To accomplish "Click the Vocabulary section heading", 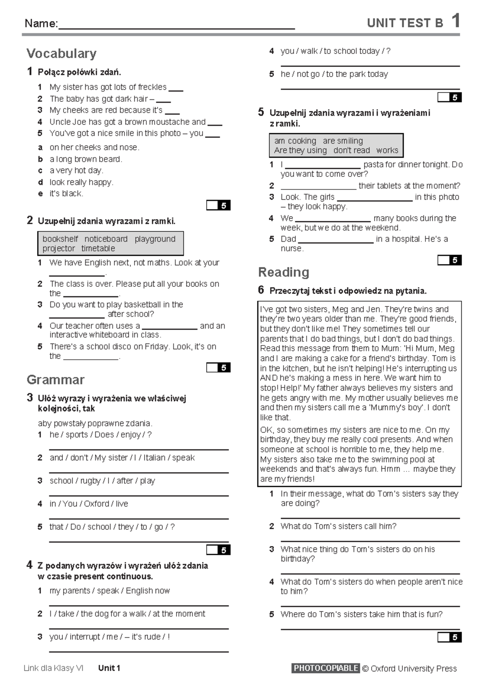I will (x=62, y=53).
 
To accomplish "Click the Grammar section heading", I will (x=55, y=380).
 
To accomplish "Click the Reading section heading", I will (x=284, y=272).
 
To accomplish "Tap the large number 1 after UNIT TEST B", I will (x=456, y=21).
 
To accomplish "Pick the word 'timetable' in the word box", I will (x=98, y=249).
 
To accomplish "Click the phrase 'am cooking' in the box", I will (x=295, y=141).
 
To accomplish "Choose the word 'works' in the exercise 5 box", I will (x=387, y=150).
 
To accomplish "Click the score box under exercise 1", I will (x=218, y=205).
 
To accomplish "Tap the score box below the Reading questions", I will (x=449, y=637).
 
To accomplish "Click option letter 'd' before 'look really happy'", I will (x=40, y=183).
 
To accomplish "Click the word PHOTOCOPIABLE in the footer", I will (x=326, y=668).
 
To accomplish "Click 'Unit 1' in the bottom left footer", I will (x=109, y=668).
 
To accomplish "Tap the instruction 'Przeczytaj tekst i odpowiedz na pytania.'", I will (x=348, y=291).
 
